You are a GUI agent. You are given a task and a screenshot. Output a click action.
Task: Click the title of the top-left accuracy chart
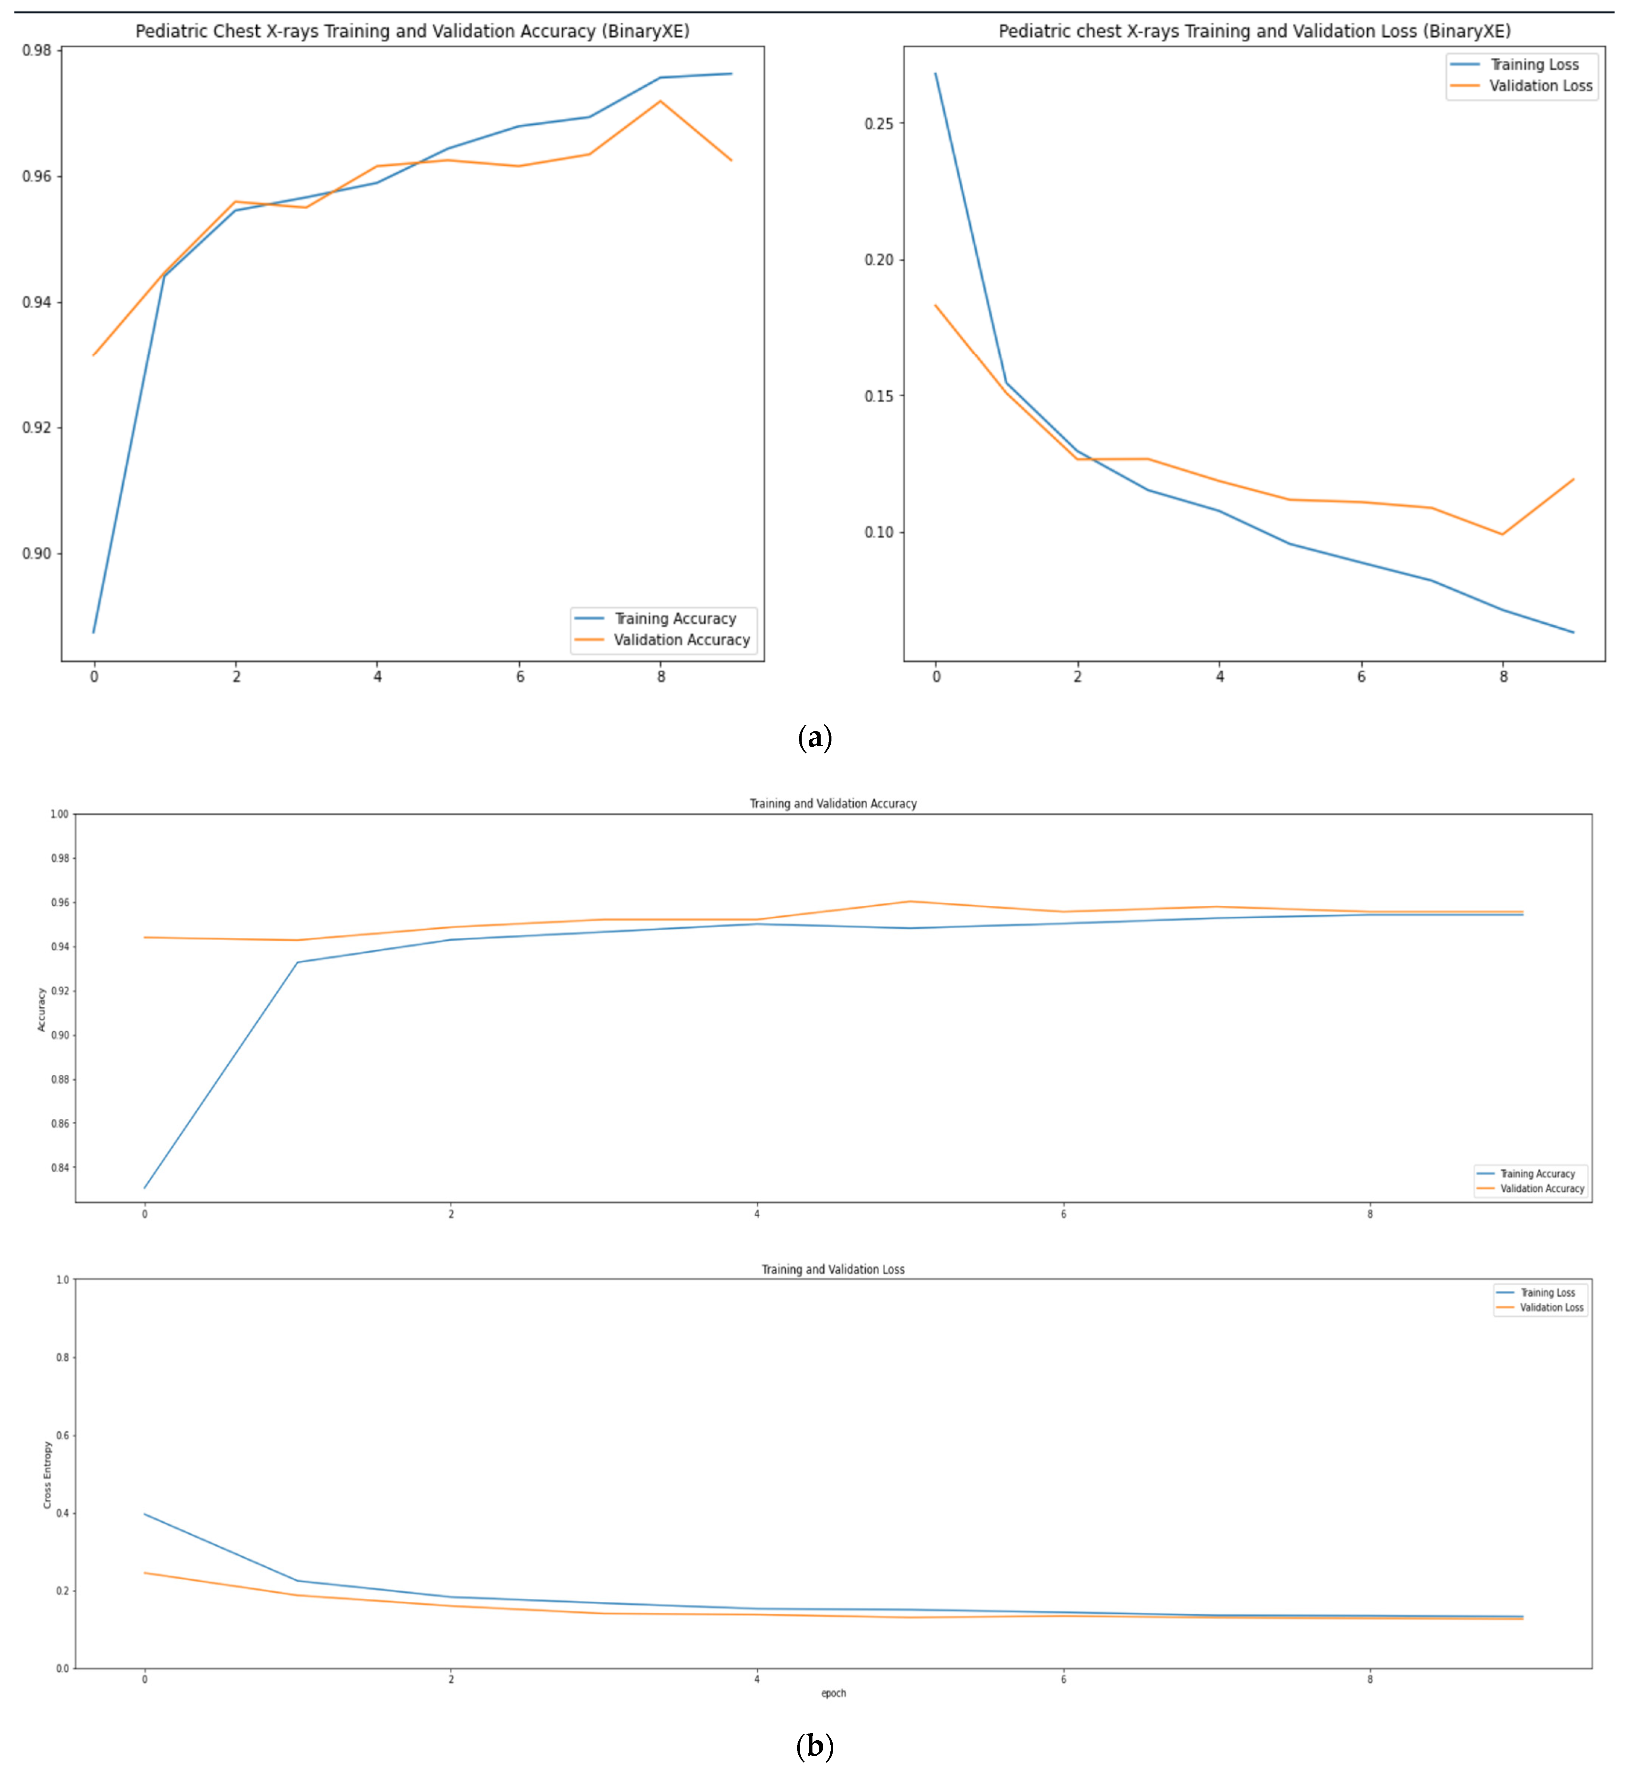tap(412, 31)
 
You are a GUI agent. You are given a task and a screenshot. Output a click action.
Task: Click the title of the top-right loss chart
tap(1254, 31)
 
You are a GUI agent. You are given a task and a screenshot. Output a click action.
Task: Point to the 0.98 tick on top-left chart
tap(37, 50)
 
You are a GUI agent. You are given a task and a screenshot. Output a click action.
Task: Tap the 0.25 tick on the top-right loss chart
tap(879, 123)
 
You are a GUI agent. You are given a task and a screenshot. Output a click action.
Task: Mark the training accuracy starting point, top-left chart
tap(94, 632)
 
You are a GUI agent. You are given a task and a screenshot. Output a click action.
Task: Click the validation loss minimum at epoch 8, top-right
tap(1502, 534)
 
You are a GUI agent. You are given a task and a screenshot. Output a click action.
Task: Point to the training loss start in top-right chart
tap(935, 74)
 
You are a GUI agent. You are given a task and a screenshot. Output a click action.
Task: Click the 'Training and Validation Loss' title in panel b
tap(833, 1269)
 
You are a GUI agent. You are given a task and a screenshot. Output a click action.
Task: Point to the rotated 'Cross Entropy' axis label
tap(48, 1474)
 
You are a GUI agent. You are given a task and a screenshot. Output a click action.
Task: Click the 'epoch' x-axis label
tap(833, 1693)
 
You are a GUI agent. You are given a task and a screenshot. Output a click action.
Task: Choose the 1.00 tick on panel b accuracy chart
tap(59, 814)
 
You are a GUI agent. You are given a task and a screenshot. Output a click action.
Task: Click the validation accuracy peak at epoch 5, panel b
tap(910, 902)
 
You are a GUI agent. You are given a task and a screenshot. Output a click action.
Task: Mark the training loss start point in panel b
tap(145, 1514)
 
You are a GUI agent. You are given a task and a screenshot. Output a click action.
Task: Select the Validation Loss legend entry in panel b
tap(1550, 1307)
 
